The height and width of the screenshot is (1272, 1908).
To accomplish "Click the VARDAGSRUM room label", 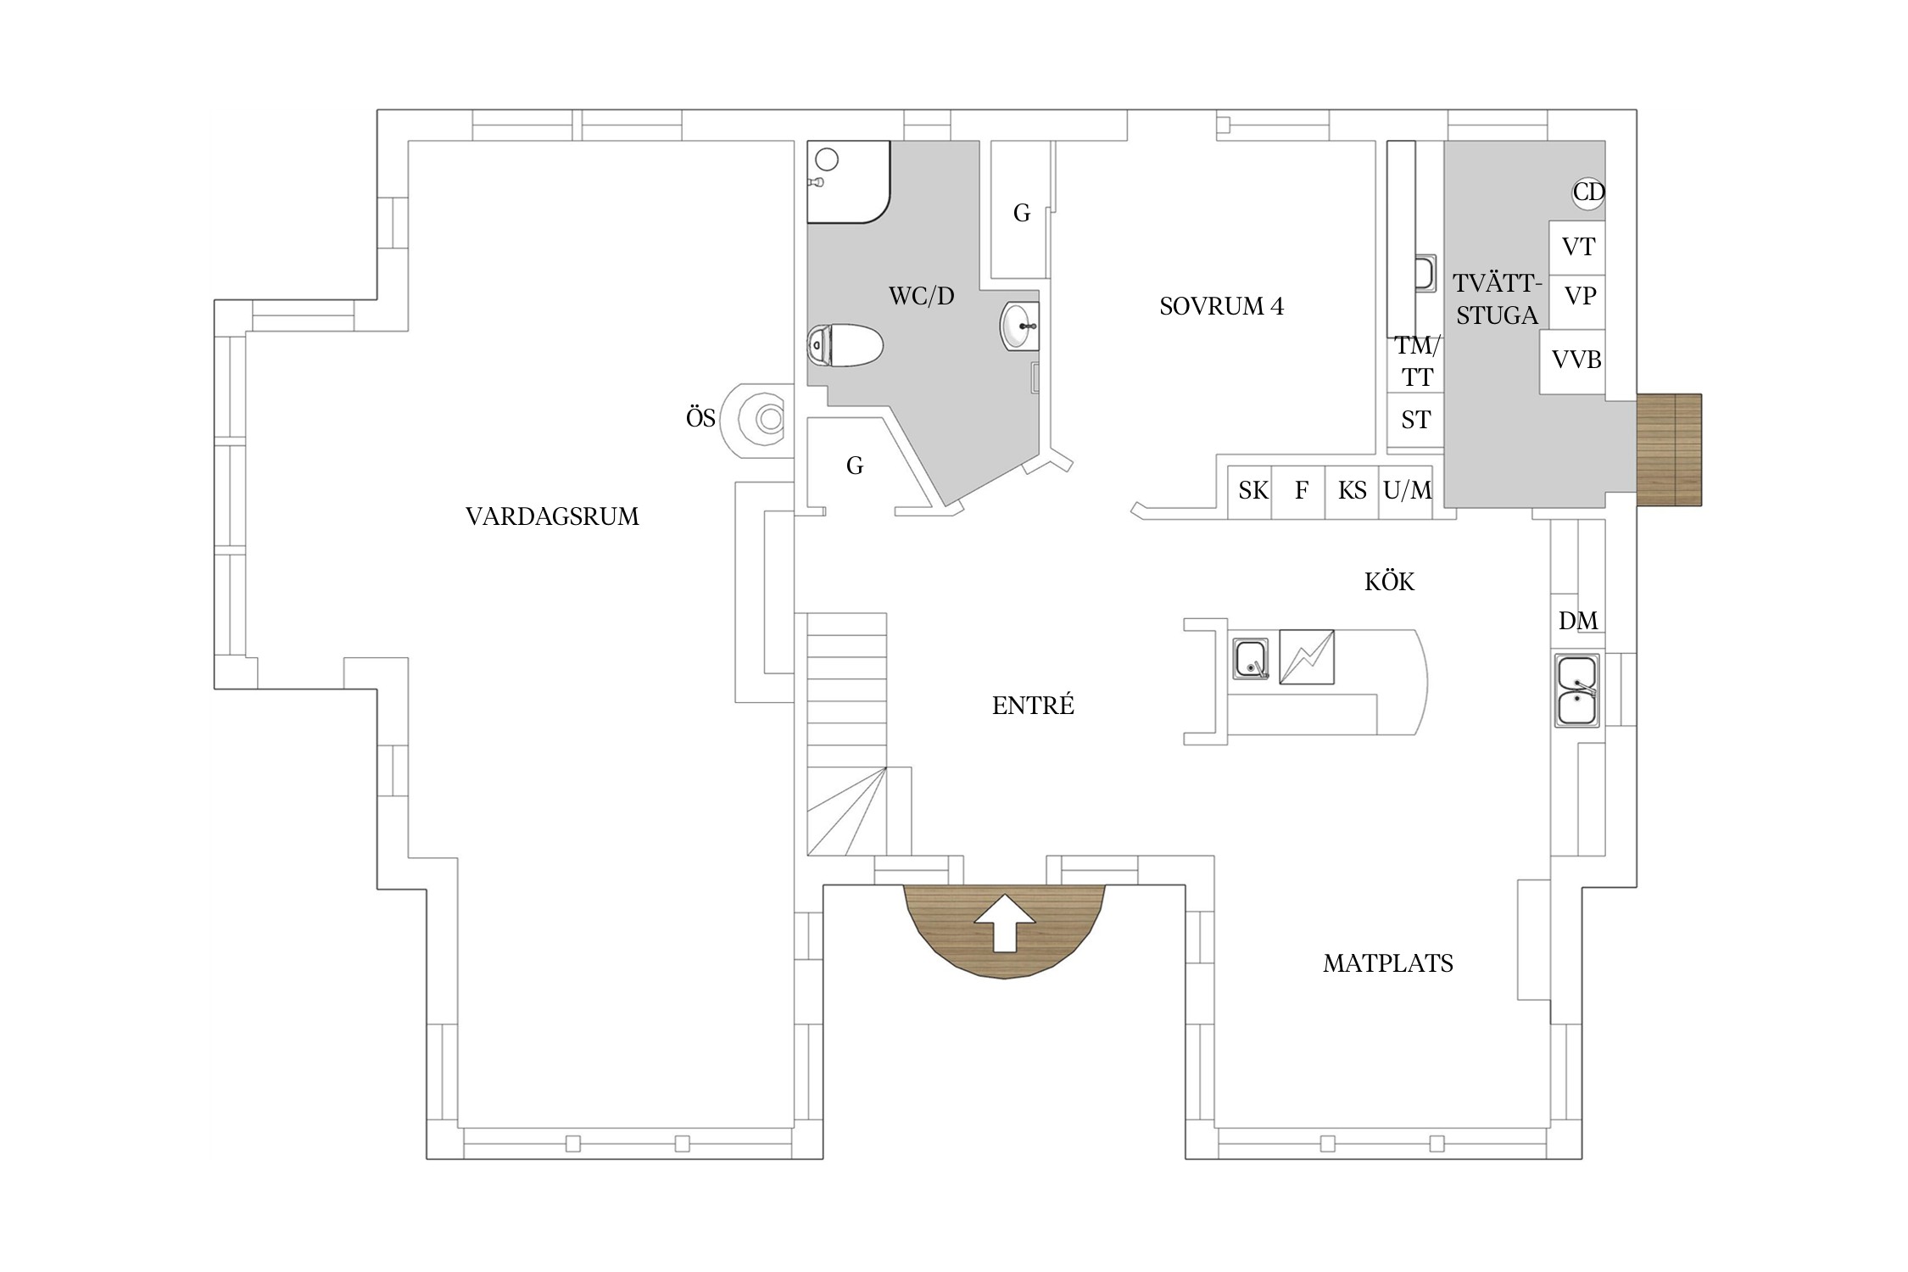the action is pyautogui.click(x=552, y=516).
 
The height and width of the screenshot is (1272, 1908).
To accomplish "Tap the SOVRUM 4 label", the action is pyautogui.click(x=1221, y=306).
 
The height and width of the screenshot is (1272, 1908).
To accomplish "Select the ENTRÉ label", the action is pyautogui.click(x=1033, y=705).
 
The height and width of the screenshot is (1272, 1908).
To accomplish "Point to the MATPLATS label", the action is pyautogui.click(x=1388, y=963).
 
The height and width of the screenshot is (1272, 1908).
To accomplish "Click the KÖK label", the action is pyautogui.click(x=1389, y=581).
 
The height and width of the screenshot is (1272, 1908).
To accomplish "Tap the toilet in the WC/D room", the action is pyautogui.click(x=845, y=345).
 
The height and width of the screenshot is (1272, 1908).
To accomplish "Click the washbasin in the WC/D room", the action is pyautogui.click(x=1019, y=326).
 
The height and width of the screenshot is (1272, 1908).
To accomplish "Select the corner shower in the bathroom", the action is pyautogui.click(x=848, y=181).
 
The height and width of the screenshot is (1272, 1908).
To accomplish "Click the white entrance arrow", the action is pyautogui.click(x=1005, y=922).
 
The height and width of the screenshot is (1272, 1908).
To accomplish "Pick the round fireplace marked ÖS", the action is pyautogui.click(x=757, y=420).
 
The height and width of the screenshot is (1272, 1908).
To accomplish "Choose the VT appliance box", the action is pyautogui.click(x=1577, y=247).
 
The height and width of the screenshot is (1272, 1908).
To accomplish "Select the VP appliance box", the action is pyautogui.click(x=1577, y=301).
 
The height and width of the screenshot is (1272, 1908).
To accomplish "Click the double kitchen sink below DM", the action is pyautogui.click(x=1576, y=690).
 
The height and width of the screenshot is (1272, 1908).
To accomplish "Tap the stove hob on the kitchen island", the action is pyautogui.click(x=1307, y=656).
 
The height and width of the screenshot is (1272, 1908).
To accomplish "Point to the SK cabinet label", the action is pyautogui.click(x=1253, y=490).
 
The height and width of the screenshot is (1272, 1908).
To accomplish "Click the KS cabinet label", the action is pyautogui.click(x=1352, y=490).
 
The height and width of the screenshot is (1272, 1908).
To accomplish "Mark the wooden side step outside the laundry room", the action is pyautogui.click(x=1669, y=450).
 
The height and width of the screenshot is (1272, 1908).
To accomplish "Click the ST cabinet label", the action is pyautogui.click(x=1415, y=420).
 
